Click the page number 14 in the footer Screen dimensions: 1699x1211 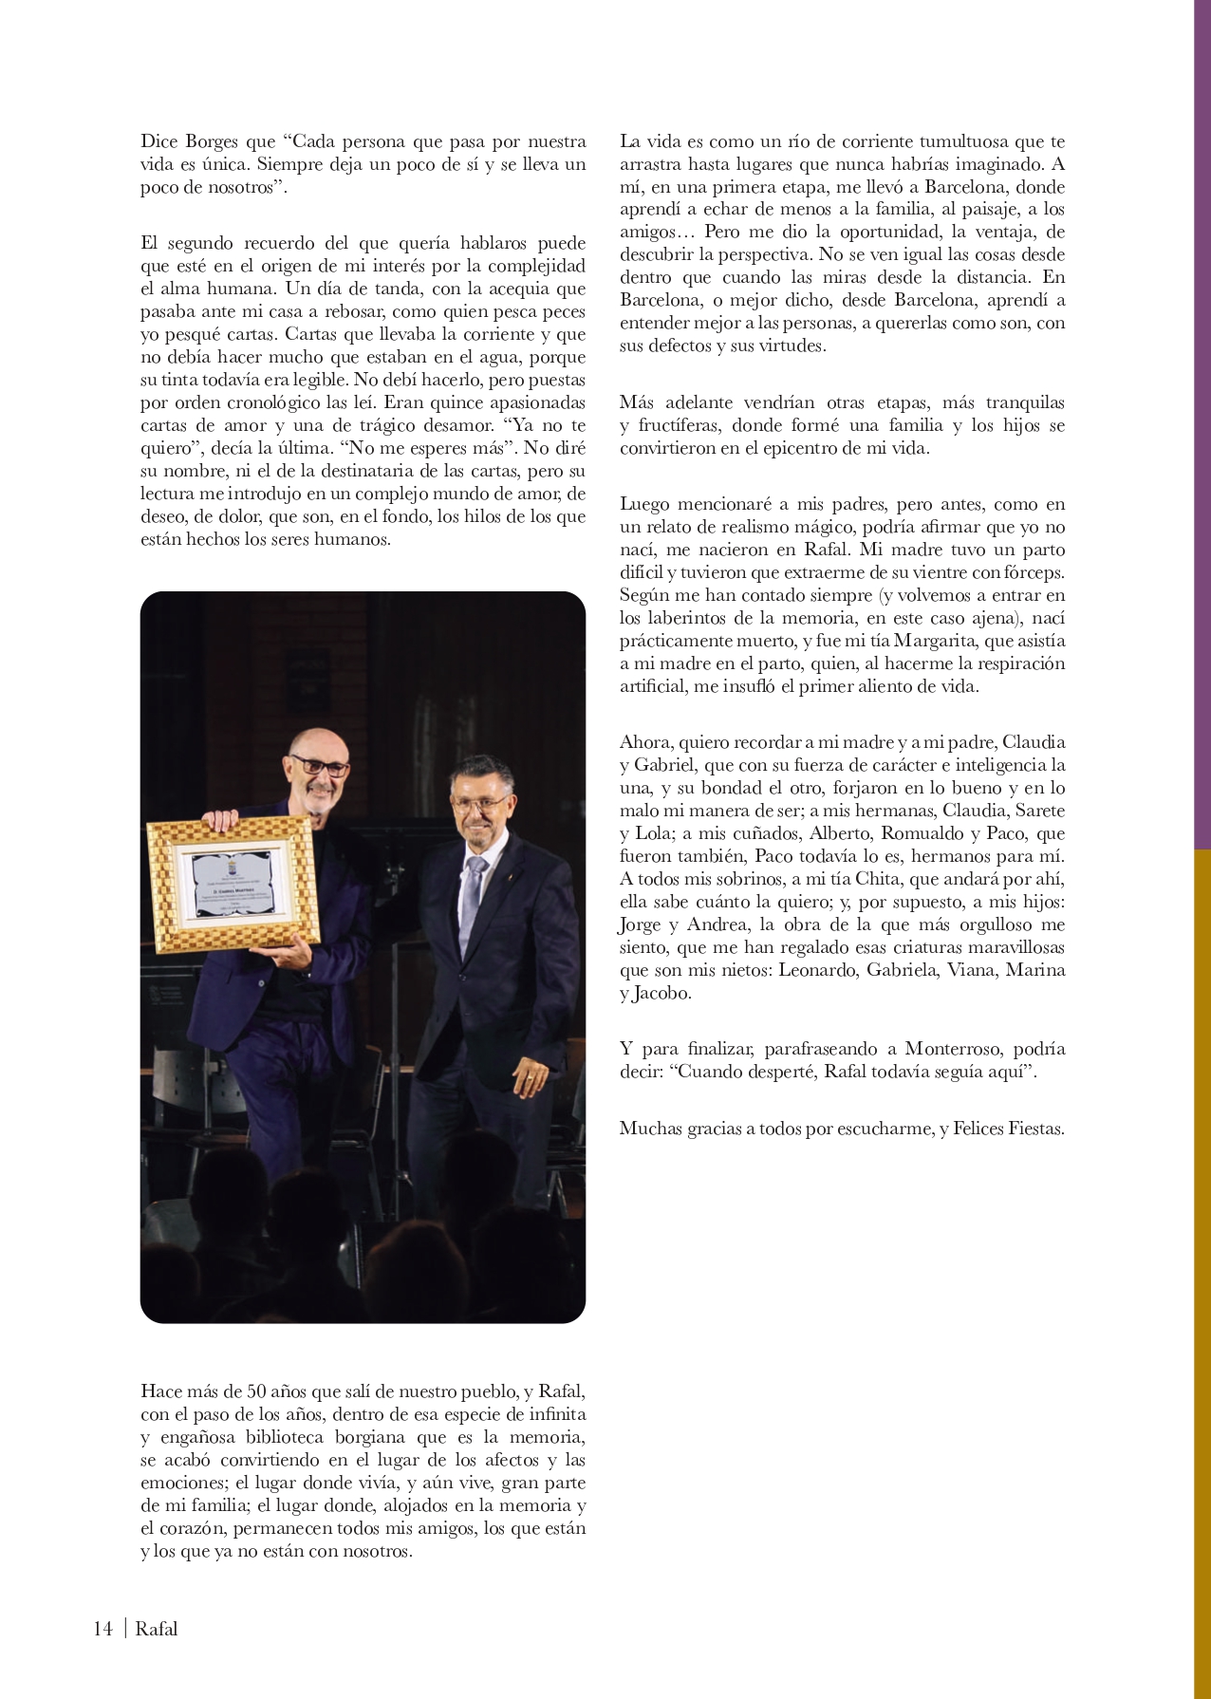(x=102, y=1629)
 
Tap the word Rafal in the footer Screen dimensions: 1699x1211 (x=157, y=1629)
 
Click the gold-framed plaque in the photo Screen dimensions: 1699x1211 (x=233, y=883)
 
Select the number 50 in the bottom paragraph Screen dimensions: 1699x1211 (x=257, y=1391)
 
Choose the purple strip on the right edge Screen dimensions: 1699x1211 (x=1202, y=427)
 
